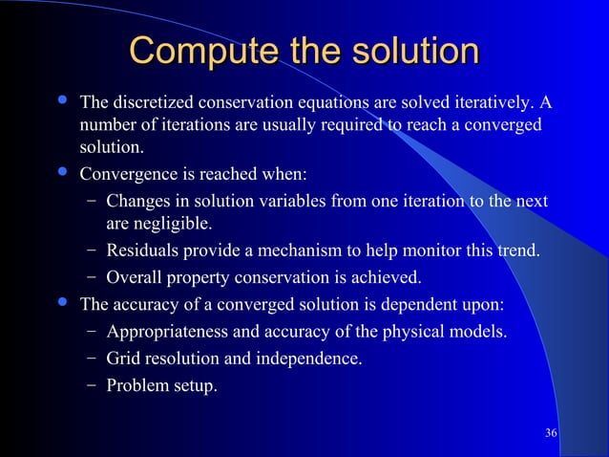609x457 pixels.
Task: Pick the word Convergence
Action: coord(126,175)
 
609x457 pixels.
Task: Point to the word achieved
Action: coord(381,278)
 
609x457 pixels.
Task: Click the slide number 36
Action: coord(551,434)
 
